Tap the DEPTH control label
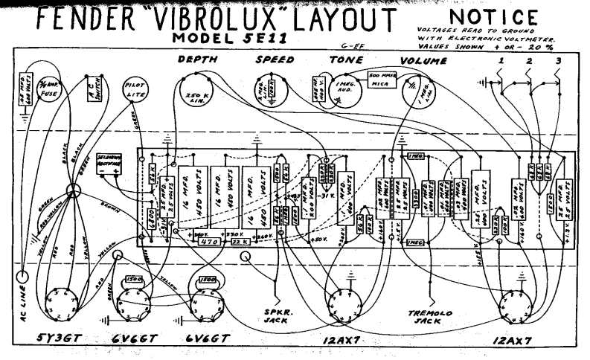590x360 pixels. pyautogui.click(x=196, y=59)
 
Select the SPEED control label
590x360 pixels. pyautogui.click(x=276, y=59)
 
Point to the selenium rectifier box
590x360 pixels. pyautogui.click(x=109, y=164)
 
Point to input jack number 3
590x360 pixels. pyautogui.click(x=557, y=60)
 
